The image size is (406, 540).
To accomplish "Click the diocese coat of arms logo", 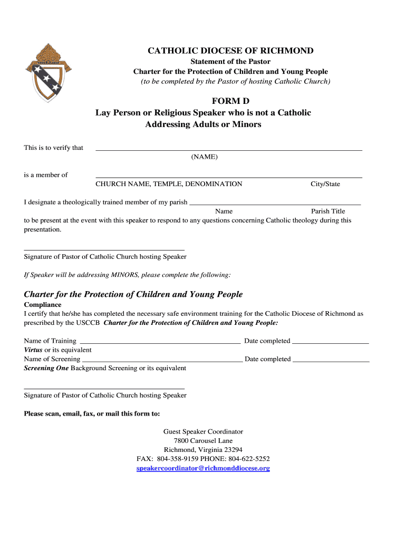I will (46, 68).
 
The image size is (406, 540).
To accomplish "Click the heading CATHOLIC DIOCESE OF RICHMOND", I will (230, 51).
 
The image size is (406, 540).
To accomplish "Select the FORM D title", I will (230, 101).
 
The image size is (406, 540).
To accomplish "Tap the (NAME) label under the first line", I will (204, 157).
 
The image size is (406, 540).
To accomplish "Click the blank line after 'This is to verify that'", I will (228, 149).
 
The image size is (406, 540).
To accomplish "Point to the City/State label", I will (325, 184).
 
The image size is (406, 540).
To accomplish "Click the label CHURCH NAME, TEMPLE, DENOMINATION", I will (169, 184).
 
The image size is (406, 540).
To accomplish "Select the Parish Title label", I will (327, 211).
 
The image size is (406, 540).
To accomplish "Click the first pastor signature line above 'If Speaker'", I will (104, 248).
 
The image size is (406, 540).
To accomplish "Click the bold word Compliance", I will (43, 305).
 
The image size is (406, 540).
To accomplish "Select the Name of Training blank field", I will (159, 342).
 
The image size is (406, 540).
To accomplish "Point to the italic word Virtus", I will (33, 350).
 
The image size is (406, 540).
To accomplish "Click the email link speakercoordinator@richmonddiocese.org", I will (203, 468).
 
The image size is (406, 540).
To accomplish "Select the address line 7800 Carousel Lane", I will (203, 440).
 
